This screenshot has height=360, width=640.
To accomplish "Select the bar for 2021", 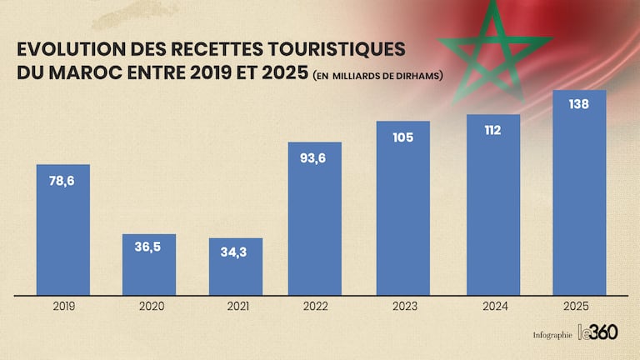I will tap(236, 271).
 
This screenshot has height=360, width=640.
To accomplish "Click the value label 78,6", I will tap(62, 180).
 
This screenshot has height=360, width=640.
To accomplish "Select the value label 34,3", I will tap(236, 252).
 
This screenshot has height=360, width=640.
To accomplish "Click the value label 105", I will tap(402, 136).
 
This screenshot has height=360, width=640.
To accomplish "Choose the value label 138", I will tap(579, 105).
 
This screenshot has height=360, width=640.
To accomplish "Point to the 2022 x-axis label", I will tap(316, 307).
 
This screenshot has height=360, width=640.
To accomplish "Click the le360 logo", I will tap(598, 332).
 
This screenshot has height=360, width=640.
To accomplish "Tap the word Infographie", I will tap(552, 335).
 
